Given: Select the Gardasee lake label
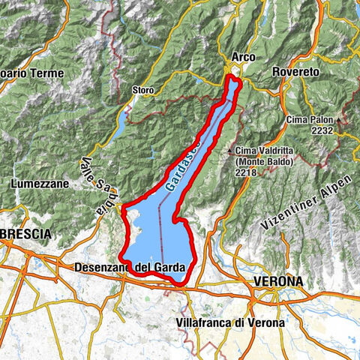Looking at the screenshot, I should [181, 168].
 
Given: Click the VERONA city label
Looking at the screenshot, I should [277, 281].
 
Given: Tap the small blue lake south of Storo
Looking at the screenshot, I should [119, 127].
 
